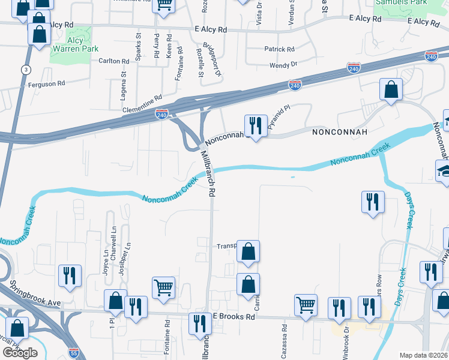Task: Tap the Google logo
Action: pyautogui.click(x=20, y=353)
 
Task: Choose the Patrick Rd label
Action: pyautogui.click(x=280, y=49)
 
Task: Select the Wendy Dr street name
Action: pyautogui.click(x=283, y=64)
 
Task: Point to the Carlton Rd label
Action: pyautogui.click(x=114, y=61)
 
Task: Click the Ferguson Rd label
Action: pyautogui.click(x=46, y=85)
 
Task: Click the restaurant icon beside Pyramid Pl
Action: pyautogui.click(x=256, y=125)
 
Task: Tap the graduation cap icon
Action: pyautogui.click(x=444, y=171)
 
